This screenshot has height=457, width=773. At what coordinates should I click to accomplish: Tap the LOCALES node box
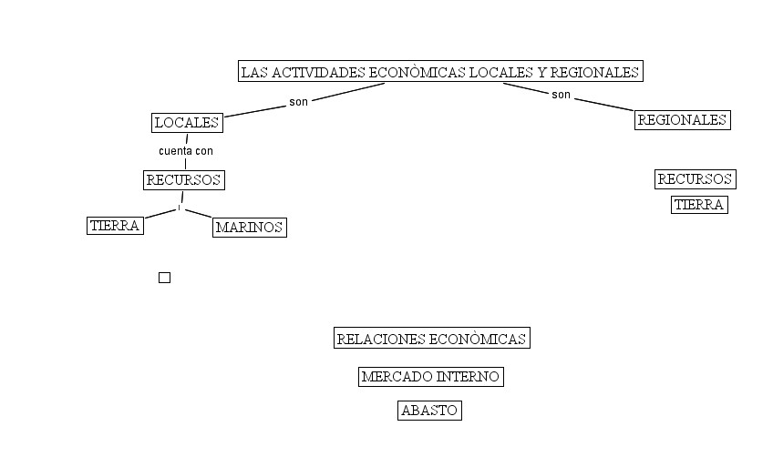click(187, 123)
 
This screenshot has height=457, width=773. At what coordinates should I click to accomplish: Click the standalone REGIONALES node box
click(683, 120)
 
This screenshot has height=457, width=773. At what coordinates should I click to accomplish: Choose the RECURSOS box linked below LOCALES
click(184, 180)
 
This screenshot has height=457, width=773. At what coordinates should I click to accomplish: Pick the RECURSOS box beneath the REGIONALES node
click(696, 179)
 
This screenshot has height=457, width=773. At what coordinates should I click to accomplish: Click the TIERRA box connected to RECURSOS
click(115, 226)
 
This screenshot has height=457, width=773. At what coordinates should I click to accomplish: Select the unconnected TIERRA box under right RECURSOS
click(699, 205)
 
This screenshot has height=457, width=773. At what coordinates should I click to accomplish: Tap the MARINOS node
click(250, 228)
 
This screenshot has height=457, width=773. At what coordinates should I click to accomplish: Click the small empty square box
click(164, 278)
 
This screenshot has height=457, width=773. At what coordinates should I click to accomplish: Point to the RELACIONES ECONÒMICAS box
click(431, 339)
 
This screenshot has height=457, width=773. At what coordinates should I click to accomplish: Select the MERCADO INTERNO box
click(431, 377)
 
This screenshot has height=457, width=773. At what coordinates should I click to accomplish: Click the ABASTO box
click(429, 411)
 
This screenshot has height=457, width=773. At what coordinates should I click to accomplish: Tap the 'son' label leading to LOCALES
click(299, 102)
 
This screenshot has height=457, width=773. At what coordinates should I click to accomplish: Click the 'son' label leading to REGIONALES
click(561, 95)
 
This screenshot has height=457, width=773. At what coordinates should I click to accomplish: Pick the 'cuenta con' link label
click(186, 151)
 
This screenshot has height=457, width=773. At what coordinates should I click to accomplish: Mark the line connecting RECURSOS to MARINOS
click(199, 214)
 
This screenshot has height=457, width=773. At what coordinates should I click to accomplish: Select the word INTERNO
click(469, 377)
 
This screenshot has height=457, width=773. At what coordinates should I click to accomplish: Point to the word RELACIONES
click(380, 339)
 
